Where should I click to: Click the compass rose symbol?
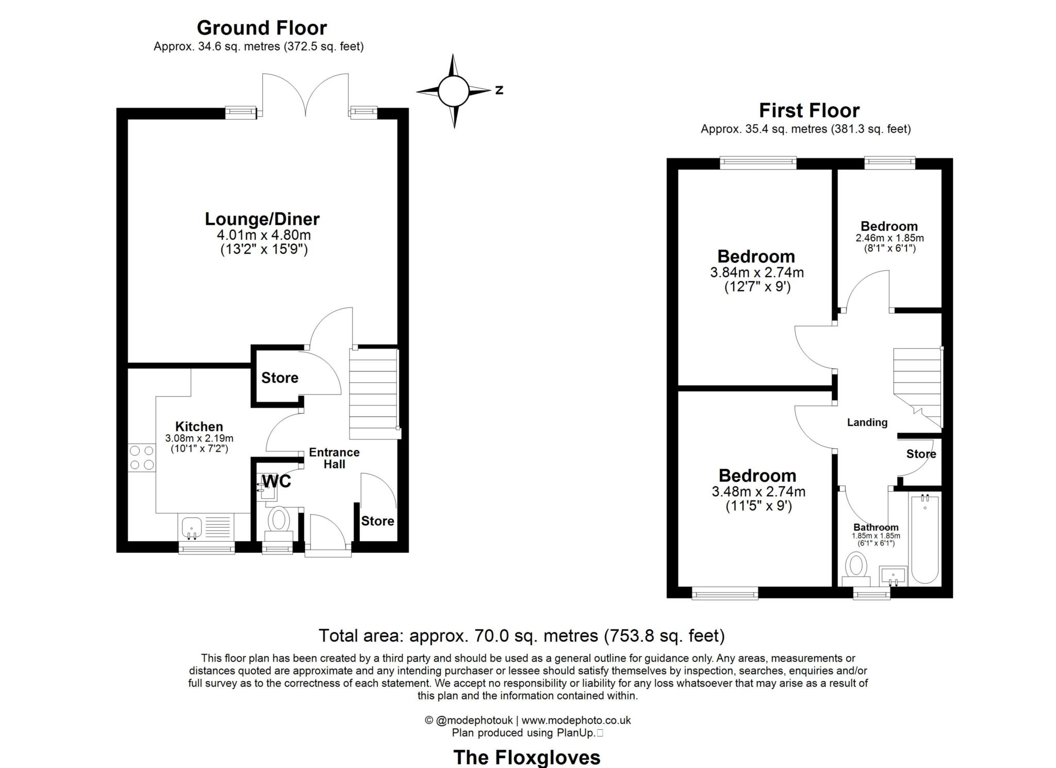click(454, 91)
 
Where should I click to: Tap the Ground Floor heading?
click(262, 28)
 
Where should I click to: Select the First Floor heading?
click(809, 110)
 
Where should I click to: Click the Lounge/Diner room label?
click(262, 219)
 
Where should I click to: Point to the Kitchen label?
click(199, 427)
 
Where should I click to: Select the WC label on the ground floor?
click(276, 481)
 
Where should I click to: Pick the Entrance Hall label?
click(334, 458)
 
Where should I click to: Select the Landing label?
click(867, 422)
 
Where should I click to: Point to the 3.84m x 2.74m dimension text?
click(757, 272)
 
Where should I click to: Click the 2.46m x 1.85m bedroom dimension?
click(889, 238)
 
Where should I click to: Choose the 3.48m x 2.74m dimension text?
click(758, 492)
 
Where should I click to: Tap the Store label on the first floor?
click(921, 454)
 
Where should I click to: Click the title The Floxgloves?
click(526, 757)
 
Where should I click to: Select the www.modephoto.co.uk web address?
click(576, 720)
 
